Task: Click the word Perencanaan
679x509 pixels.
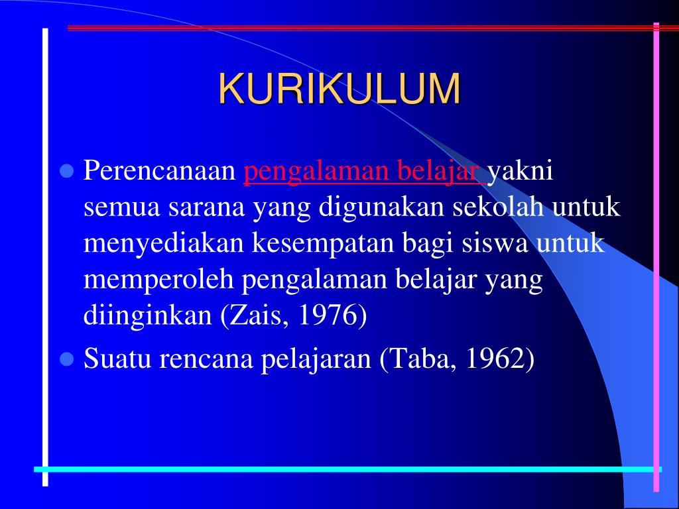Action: point(160,172)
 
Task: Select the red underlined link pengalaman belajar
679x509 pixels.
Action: point(363,172)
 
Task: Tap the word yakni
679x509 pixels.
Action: point(520,172)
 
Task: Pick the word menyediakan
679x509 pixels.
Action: point(164,244)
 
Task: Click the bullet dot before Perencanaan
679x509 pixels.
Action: point(66,172)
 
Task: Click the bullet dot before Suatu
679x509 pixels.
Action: point(66,359)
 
